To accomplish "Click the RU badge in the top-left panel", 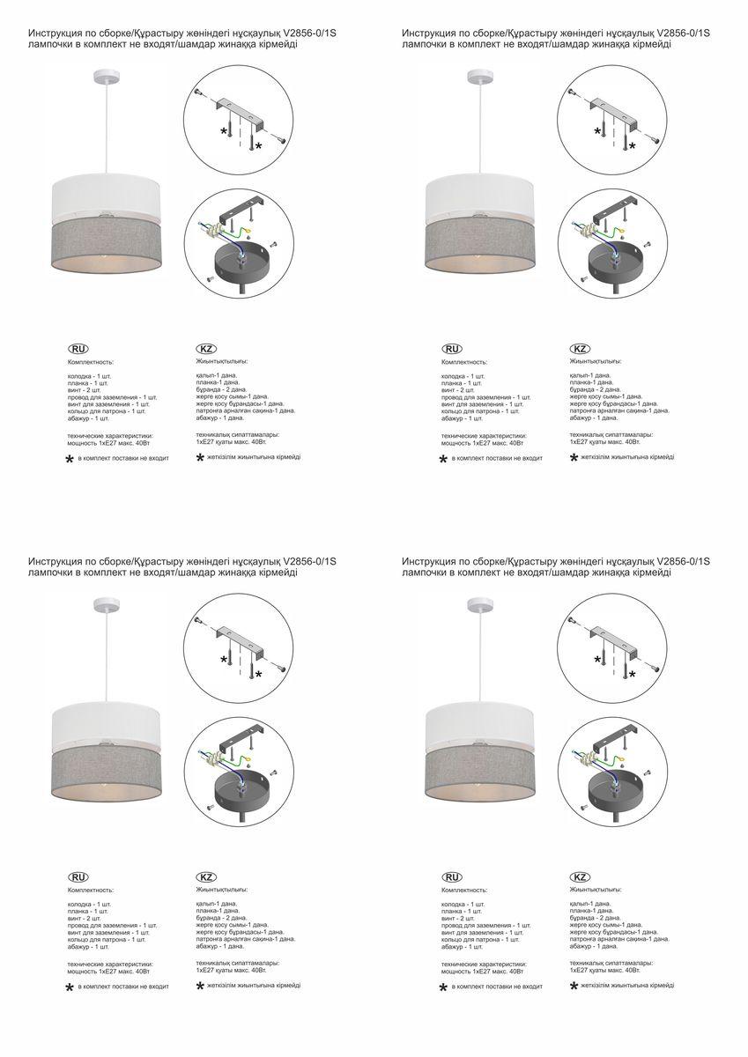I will click(x=78, y=349).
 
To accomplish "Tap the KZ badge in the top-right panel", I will click(x=580, y=349).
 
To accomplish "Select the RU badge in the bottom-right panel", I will click(x=452, y=877).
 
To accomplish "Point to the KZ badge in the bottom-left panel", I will click(x=206, y=877).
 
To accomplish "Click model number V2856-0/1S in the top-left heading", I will click(x=311, y=33).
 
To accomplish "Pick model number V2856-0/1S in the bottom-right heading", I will click(x=685, y=561).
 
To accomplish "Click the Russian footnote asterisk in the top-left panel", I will click(x=70, y=460).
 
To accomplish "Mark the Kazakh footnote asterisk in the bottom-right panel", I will click(x=574, y=987).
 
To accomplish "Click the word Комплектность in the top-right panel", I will click(x=465, y=362).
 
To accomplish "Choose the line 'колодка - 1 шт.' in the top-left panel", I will click(x=89, y=376).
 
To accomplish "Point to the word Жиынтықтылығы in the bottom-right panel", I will click(x=596, y=890).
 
